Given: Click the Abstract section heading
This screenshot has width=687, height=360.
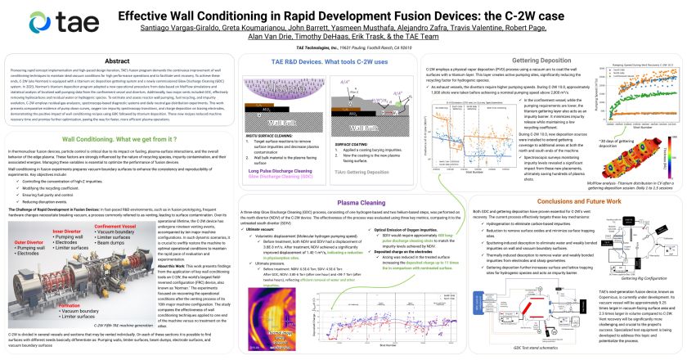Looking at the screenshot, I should [110, 61].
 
